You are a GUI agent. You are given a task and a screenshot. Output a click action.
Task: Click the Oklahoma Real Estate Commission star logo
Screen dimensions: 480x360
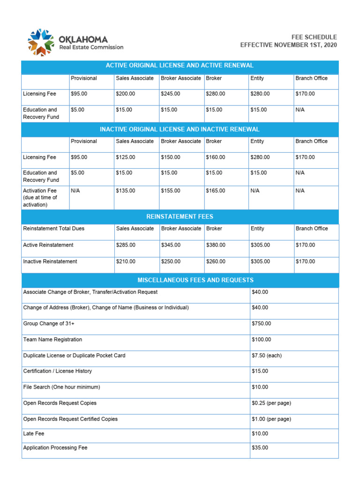(x=40, y=42)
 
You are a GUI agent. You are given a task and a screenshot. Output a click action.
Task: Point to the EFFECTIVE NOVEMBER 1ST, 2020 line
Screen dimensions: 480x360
(x=288, y=45)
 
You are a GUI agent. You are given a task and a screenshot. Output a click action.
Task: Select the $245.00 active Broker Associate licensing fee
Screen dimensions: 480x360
(x=170, y=94)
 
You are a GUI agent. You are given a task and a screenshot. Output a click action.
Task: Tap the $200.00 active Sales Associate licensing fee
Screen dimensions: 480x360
(x=125, y=94)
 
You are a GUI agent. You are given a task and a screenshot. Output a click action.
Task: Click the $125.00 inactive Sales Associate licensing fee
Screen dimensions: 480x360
(x=125, y=157)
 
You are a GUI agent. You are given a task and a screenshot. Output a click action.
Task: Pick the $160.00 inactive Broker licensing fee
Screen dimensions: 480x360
(x=215, y=157)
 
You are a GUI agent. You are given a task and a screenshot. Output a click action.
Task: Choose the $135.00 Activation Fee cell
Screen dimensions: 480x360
(x=125, y=191)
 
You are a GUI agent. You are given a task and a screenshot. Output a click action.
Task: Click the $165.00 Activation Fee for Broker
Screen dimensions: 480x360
(x=215, y=191)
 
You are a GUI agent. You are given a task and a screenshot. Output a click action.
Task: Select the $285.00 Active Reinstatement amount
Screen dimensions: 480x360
(x=125, y=245)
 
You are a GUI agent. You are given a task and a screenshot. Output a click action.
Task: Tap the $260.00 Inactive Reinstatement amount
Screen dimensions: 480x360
(x=215, y=262)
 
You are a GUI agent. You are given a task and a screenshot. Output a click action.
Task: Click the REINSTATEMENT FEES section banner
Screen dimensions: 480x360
(x=180, y=217)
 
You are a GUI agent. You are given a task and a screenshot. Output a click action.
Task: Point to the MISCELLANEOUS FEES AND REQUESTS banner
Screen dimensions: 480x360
(x=195, y=280)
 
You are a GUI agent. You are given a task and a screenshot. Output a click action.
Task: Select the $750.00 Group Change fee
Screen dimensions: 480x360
(x=261, y=323)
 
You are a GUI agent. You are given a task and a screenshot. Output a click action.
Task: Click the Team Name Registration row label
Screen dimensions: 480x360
(x=52, y=339)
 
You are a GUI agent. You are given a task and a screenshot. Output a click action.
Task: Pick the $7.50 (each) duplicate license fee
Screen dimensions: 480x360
(x=266, y=355)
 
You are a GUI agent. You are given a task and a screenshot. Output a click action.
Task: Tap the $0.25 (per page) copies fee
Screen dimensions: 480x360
(x=271, y=403)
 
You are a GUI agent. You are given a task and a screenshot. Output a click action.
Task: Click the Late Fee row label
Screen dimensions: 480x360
(x=34, y=434)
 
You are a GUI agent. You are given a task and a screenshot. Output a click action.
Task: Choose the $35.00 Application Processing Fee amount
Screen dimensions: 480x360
(x=260, y=448)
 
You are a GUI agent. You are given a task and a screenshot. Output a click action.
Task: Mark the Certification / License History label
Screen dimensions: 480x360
(x=58, y=371)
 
